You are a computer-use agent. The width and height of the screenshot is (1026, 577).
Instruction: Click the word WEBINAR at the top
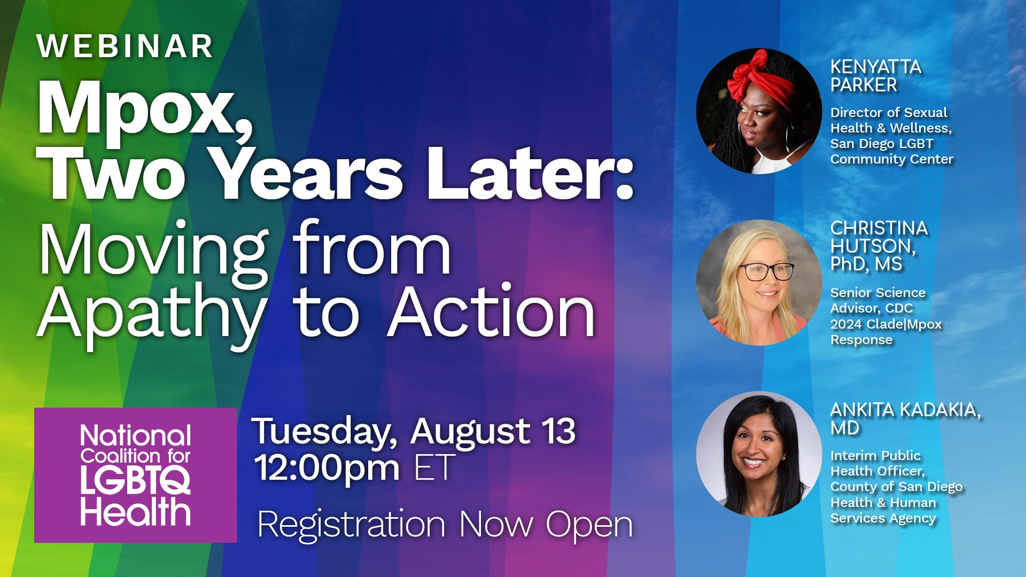click(x=125, y=46)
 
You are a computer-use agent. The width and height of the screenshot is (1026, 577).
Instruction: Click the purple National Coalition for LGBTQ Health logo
click(x=136, y=475)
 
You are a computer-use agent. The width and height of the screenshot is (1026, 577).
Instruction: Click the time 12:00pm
click(x=328, y=467)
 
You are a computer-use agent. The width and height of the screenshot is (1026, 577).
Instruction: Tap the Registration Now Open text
click(x=445, y=525)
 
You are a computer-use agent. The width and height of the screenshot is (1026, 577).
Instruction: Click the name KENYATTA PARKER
click(x=876, y=75)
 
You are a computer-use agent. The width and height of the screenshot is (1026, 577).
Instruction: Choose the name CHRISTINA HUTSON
click(x=879, y=237)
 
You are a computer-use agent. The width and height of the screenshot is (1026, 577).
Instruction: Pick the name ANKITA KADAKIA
click(x=906, y=410)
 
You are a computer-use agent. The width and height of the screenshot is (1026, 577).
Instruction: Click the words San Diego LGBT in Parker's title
click(x=882, y=144)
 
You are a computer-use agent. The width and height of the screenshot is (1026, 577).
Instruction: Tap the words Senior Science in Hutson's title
click(x=878, y=293)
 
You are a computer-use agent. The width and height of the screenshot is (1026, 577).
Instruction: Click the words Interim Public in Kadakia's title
click(x=876, y=456)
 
